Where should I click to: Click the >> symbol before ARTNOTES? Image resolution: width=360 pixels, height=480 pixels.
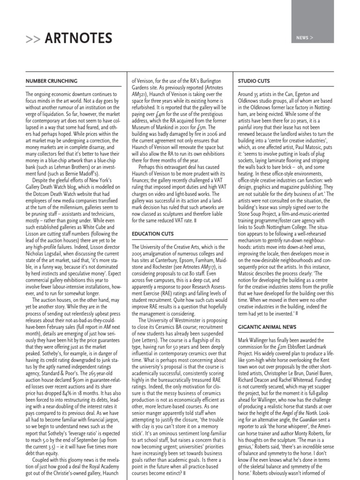(x=34, y=37)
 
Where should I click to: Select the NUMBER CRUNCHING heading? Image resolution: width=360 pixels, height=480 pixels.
(x=51, y=81)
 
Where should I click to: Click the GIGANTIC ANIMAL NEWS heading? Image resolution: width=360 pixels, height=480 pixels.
(x=265, y=324)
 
